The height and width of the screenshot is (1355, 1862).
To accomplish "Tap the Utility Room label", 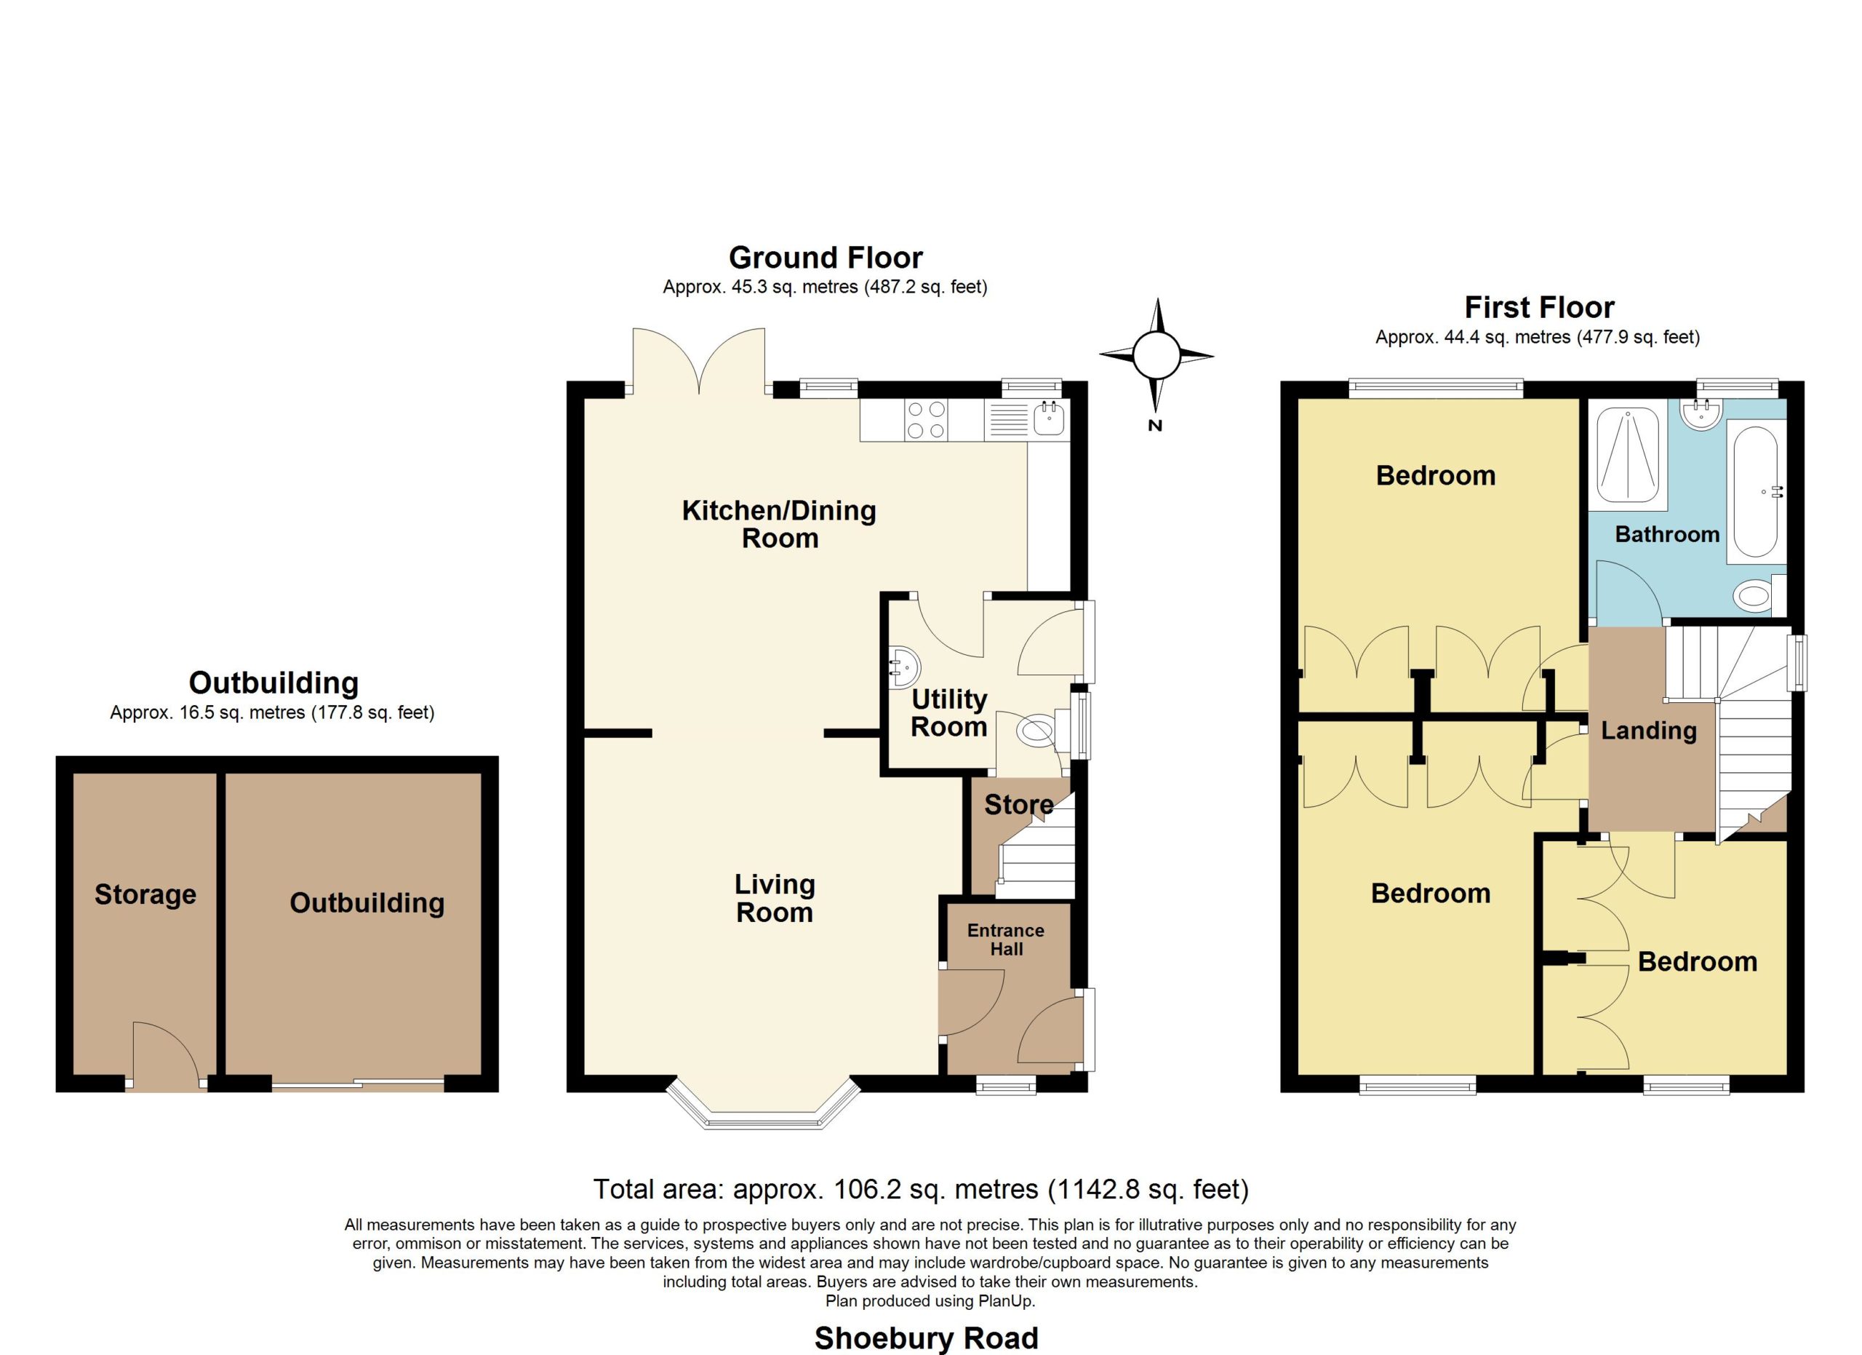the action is coord(949,713).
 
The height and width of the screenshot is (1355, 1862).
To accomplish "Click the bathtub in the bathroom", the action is coord(1756,492).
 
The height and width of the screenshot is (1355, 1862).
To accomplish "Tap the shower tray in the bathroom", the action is coord(1628,452).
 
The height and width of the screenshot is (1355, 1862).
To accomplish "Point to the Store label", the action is coord(1019,805).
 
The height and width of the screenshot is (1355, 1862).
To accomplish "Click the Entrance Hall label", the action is coord(1006,939).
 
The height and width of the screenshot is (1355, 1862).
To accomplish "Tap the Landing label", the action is coord(1649,730).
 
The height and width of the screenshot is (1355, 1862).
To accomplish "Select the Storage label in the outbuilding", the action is coord(145,894).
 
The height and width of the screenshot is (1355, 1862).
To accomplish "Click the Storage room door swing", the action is coord(166,1054).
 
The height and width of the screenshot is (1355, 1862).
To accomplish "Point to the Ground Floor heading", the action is coord(826,258).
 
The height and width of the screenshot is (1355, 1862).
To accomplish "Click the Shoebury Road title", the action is coord(926,1338).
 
